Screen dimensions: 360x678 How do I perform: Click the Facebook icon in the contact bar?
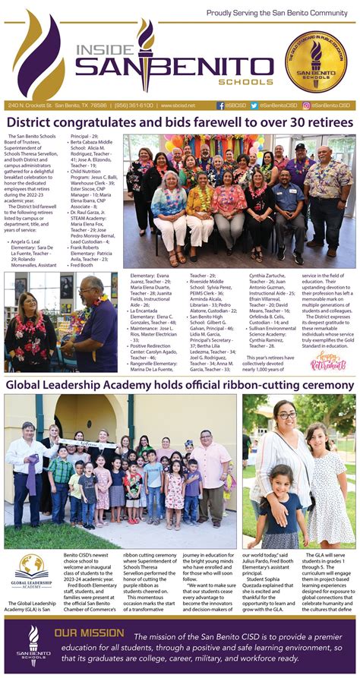tap(220, 106)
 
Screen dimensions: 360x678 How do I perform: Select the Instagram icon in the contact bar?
tap(306, 106)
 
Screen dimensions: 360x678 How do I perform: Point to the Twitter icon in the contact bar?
tap(254, 106)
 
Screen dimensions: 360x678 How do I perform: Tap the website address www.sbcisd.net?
tap(175, 106)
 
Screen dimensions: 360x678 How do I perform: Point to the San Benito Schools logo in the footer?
tap(32, 646)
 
